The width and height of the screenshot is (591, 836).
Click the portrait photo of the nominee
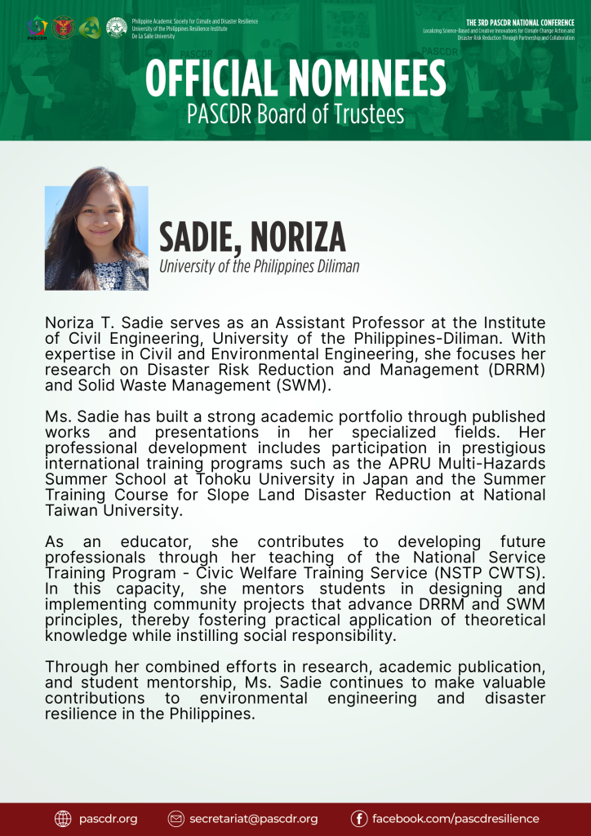point(96,238)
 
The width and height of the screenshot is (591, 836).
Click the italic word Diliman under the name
point(335,266)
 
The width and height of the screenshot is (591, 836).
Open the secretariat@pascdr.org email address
point(254,818)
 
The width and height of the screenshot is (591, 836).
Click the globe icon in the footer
point(64,818)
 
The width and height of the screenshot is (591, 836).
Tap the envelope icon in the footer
point(176,818)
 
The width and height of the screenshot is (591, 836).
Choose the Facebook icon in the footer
point(359,818)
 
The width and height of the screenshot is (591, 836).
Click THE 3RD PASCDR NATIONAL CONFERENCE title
point(520,22)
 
